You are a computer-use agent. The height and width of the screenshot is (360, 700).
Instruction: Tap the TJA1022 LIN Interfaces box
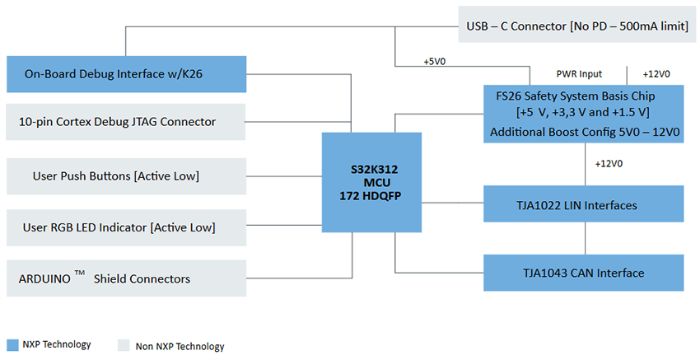pos(583,204)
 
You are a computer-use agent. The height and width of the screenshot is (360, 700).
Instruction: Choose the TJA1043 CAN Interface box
pos(583,273)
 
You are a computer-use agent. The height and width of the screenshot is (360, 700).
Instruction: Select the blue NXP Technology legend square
pos(12,344)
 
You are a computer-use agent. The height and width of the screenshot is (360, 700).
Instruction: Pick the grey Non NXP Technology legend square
pos(124,345)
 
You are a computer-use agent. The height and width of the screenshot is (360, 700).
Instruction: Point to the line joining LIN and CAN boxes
pos(585,238)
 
